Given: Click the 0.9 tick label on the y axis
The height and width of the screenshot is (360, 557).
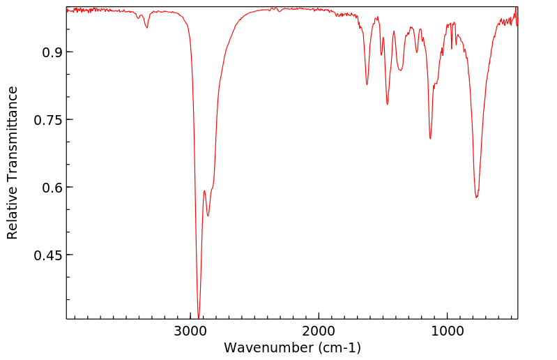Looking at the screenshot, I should point(49,52).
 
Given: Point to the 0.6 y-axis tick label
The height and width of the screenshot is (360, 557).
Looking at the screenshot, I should point(49,188).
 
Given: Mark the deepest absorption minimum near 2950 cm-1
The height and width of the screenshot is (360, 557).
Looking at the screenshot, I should point(199,317).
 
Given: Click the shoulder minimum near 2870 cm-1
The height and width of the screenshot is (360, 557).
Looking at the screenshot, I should point(208,216).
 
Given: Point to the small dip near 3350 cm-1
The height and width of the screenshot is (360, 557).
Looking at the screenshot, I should point(146,27).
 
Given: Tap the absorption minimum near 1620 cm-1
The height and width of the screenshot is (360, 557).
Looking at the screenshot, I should point(367,84).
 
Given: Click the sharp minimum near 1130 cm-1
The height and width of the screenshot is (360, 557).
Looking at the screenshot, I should point(430,138).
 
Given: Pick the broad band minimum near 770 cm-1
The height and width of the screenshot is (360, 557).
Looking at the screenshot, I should point(477,197).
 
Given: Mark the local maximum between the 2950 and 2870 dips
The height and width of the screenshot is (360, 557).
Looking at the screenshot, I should point(204,190).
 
